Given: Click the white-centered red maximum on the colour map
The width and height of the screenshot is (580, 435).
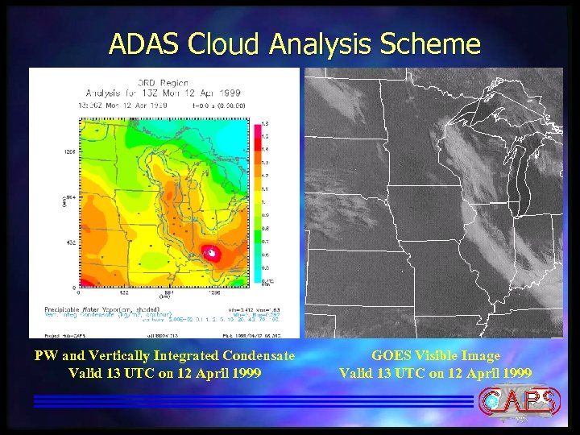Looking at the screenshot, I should click(x=211, y=254).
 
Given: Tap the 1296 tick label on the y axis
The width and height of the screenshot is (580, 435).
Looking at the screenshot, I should click(x=69, y=151).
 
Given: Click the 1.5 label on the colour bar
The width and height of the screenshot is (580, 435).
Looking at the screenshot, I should click(x=267, y=126).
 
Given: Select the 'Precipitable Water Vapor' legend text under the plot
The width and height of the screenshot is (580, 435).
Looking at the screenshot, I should click(x=81, y=310).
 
